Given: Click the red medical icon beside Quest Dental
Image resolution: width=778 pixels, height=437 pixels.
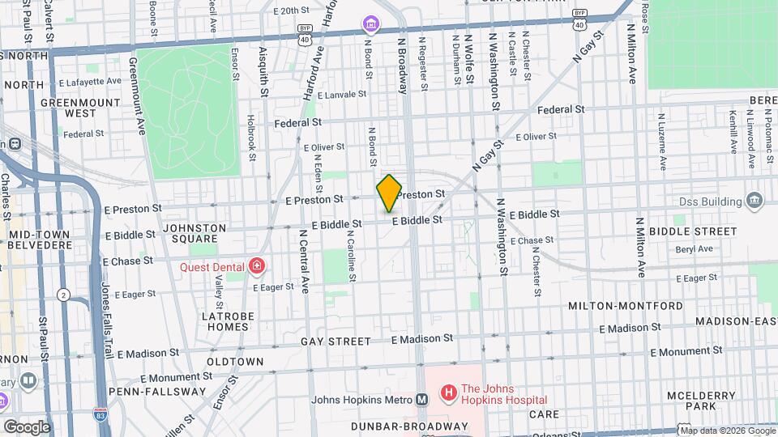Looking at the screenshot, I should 257,265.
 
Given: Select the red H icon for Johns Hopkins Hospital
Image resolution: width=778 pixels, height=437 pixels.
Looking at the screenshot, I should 447,393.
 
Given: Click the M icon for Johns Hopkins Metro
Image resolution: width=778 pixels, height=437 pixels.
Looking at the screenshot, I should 421,399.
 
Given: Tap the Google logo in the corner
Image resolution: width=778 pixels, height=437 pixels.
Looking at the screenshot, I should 26,426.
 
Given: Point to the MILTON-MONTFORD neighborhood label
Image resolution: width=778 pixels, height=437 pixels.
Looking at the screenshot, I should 625,306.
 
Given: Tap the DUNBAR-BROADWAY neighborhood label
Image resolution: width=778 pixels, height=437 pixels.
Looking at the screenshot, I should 409,426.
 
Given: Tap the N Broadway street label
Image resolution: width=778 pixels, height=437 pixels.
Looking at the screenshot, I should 401,65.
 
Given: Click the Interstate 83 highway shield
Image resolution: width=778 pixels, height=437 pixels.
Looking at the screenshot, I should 100,413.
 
